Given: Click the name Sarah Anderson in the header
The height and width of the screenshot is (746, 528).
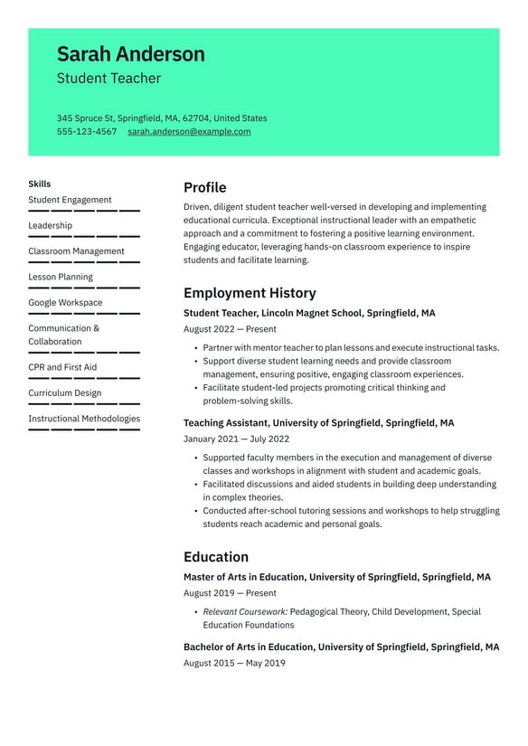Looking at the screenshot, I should pos(130,54).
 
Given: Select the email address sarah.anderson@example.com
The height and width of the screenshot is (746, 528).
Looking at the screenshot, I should pos(189,132).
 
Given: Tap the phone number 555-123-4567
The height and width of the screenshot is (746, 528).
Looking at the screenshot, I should pos(87,132).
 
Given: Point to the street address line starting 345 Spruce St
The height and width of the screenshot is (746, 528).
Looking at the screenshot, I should pos(162,118).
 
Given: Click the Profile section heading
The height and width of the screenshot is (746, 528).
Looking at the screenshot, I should pos(204,187).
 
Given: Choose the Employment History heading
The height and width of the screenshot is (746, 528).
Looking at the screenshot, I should pos(250,293).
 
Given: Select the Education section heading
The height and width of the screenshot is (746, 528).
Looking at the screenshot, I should pos(215,557).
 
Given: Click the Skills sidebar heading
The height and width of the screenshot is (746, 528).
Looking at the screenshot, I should pos(40,184).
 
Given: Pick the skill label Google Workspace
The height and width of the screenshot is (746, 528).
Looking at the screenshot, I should pos(65,303).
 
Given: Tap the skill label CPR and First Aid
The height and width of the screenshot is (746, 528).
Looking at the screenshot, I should pos(62,367).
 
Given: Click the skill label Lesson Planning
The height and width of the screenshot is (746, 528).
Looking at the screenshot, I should pos(61,277).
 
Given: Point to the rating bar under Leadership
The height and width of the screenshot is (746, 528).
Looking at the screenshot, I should pos(84,236).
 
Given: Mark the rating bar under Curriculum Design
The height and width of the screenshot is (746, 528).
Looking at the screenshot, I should pos(84,404).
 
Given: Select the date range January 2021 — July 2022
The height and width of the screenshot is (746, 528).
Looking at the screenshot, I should pos(236,439).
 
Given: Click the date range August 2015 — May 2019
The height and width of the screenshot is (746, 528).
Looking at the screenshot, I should pos(234,663).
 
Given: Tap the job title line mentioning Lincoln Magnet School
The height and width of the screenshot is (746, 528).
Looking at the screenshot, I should pos(309,314).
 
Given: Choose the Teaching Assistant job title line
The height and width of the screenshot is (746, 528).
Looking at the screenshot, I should pos(318,423).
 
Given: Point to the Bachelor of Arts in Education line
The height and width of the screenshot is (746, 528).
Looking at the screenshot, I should pos(341,647).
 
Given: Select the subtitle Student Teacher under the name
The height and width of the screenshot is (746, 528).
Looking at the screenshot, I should pos(108,79).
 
